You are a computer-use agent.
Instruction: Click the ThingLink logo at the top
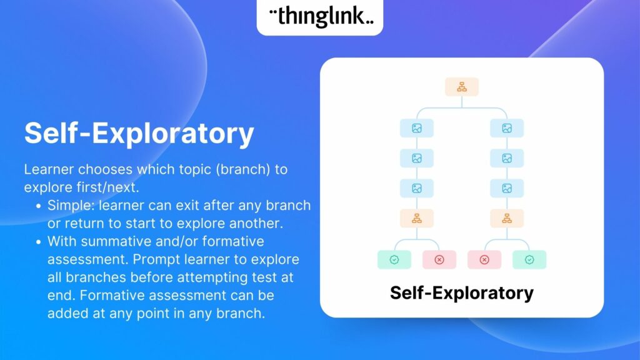321,16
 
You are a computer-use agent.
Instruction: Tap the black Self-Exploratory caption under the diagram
462,293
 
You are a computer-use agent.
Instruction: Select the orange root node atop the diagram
462,87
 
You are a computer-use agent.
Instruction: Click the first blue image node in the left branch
417,128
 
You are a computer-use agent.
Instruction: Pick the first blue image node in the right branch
507,128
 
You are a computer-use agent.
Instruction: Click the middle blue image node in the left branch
417,158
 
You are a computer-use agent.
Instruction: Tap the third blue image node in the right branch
507,188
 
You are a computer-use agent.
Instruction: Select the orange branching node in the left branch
417,218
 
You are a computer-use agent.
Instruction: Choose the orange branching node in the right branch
507,218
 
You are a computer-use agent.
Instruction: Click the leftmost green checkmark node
394,259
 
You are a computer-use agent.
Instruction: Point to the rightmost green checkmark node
529,259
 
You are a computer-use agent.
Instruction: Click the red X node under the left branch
439,259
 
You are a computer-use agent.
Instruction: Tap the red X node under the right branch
484,259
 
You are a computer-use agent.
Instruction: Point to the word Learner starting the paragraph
49,169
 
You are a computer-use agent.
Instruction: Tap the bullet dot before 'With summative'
38,242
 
